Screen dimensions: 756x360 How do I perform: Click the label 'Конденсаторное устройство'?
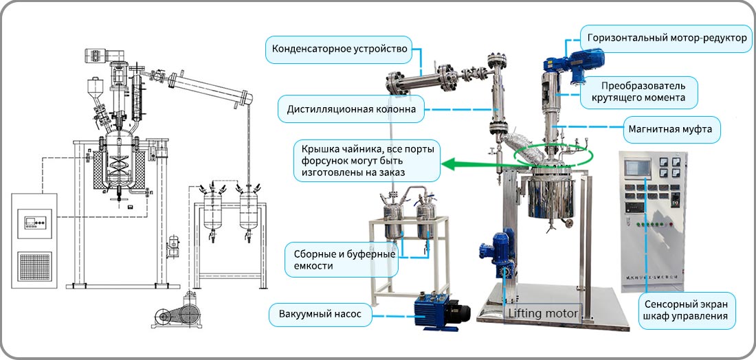click(x=340, y=49)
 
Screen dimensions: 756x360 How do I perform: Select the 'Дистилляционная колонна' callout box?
click(x=351, y=109)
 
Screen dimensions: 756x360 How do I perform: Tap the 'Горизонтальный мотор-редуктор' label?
click(x=667, y=38)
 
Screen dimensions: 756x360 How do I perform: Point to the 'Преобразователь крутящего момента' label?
click(x=643, y=92)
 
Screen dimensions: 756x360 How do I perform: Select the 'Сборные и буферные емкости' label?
click(x=342, y=260)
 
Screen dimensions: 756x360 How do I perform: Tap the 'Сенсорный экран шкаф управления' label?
click(x=687, y=310)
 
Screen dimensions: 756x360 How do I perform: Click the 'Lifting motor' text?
click(x=543, y=314)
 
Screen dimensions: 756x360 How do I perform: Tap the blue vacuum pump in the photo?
click(x=441, y=313)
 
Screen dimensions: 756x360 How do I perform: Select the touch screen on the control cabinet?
click(x=638, y=168)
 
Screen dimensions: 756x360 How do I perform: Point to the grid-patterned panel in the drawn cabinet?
click(x=34, y=266)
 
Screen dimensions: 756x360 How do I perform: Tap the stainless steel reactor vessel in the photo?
click(x=552, y=198)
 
